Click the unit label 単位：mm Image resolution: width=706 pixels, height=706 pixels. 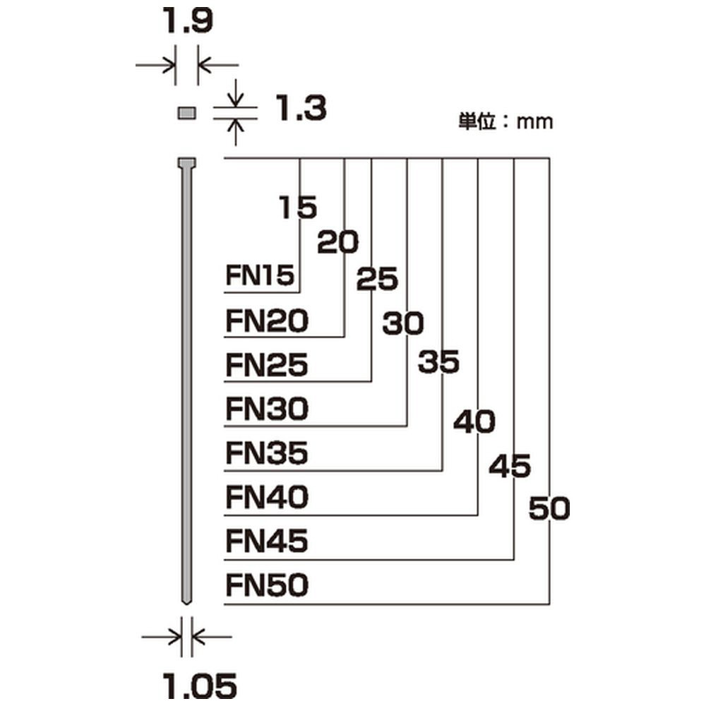pyautogui.click(x=505, y=121)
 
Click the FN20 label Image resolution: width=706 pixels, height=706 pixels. pyautogui.click(x=267, y=321)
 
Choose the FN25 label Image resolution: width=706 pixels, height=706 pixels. pyautogui.click(x=267, y=366)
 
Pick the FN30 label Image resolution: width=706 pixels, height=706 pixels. pyautogui.click(x=267, y=409)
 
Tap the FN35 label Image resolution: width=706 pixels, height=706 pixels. pyautogui.click(x=267, y=454)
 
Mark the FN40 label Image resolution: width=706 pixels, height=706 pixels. pyautogui.click(x=267, y=498)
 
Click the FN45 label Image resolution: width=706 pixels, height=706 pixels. pyautogui.click(x=267, y=542)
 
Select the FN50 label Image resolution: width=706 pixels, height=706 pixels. pyautogui.click(x=267, y=586)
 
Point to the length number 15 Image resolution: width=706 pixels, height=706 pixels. pyautogui.click(x=297, y=208)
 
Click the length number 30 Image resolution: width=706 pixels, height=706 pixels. pyautogui.click(x=403, y=324)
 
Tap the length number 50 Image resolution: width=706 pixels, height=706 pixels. pyautogui.click(x=549, y=508)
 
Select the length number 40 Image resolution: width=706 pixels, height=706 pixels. pyautogui.click(x=474, y=423)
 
